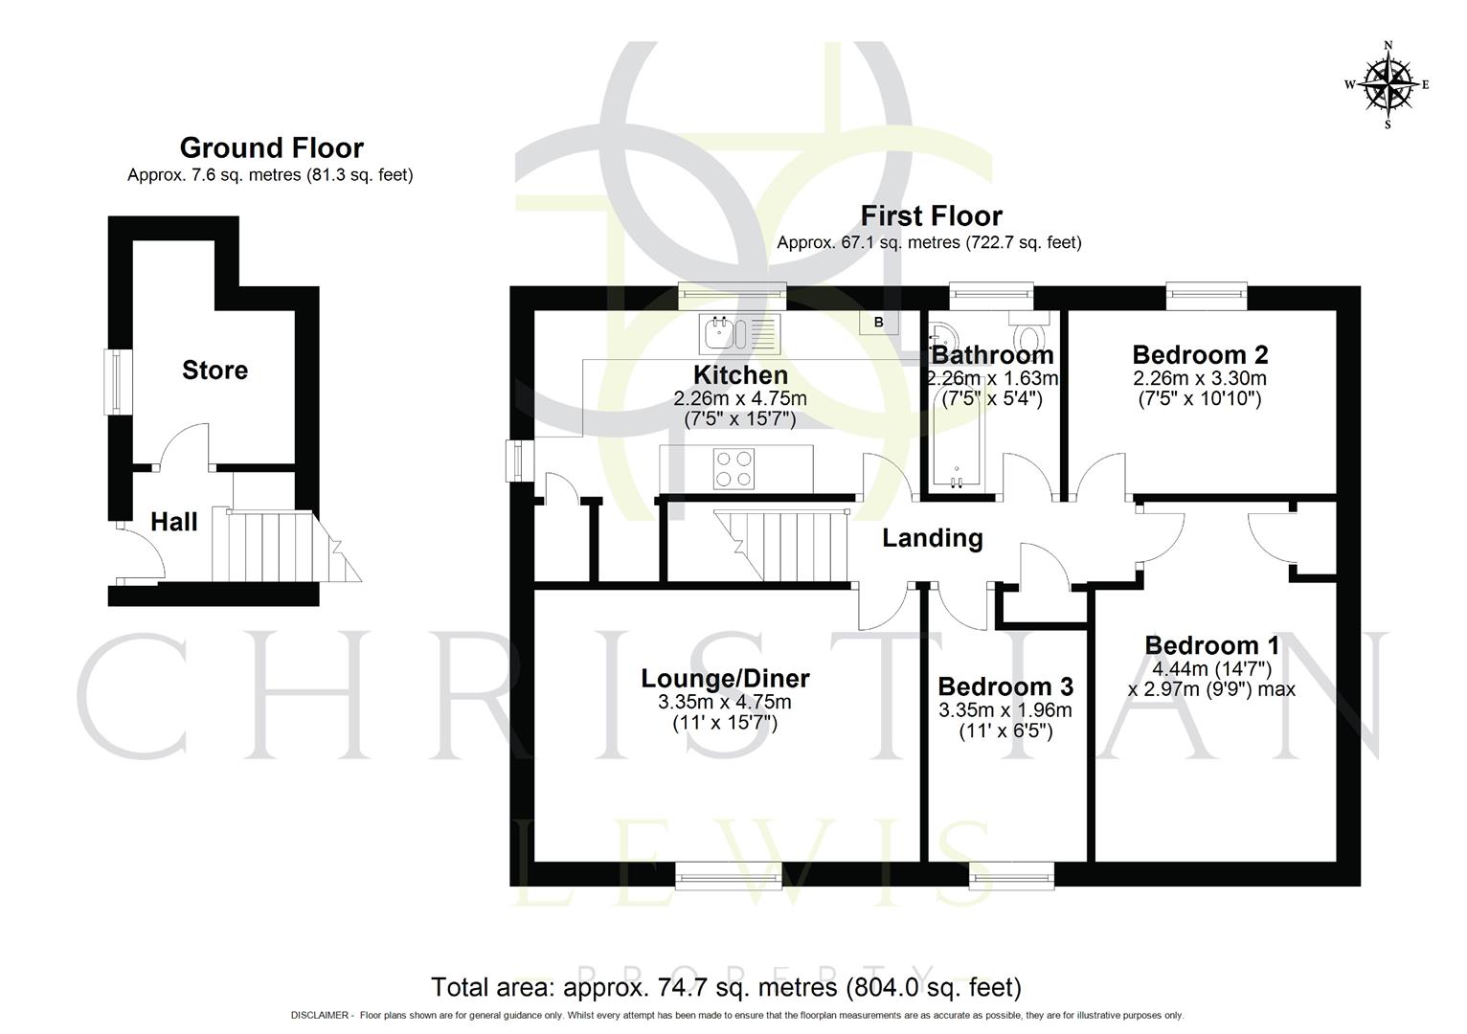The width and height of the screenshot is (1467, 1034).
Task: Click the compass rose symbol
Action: coord(1388,84)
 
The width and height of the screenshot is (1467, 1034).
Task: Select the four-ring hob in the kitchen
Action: coord(733,469)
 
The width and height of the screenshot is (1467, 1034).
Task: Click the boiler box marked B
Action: coord(878,323)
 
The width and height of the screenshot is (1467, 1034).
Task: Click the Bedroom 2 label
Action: coord(1199,354)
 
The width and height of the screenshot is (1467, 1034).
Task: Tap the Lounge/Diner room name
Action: coord(725,679)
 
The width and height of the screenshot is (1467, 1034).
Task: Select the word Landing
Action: coord(932,538)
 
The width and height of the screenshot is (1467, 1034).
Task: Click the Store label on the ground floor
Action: coord(214,371)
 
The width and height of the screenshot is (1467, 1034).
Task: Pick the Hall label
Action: coord(174,522)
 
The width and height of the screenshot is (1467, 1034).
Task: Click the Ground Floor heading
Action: coord(271,148)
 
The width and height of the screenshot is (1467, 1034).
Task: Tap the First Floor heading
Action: coord(931,215)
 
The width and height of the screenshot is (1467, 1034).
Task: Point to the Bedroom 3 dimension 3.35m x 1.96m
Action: coord(1004,710)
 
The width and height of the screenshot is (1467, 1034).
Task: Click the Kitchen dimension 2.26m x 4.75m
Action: coord(739,398)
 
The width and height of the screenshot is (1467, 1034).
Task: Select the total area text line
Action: coord(726,987)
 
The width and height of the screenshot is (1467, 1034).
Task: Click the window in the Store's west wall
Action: coord(117,382)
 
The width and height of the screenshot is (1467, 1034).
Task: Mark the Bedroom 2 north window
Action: coord(1206,297)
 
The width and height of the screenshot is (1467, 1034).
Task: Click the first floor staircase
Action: coord(780,546)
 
